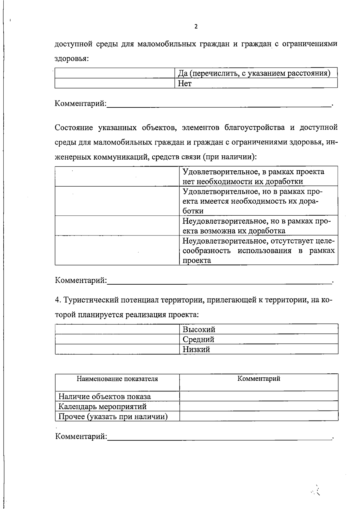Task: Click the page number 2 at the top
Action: coord(196,27)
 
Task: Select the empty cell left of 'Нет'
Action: coord(115,83)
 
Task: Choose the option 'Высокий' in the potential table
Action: coord(199,330)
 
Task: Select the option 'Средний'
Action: coord(199,340)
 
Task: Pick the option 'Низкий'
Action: coord(196,349)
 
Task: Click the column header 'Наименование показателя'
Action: coord(117,379)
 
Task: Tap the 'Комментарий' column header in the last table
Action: coord(259,379)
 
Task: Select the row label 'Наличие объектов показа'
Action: coord(105,397)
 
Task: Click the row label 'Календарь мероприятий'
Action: coord(103,407)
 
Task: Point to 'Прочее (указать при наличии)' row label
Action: coord(113,417)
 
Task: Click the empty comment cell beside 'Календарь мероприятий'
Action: coord(259,407)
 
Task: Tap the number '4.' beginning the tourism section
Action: coord(58,300)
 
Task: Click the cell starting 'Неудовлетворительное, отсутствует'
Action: coord(259,250)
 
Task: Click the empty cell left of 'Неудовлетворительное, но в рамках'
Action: coord(117,226)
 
